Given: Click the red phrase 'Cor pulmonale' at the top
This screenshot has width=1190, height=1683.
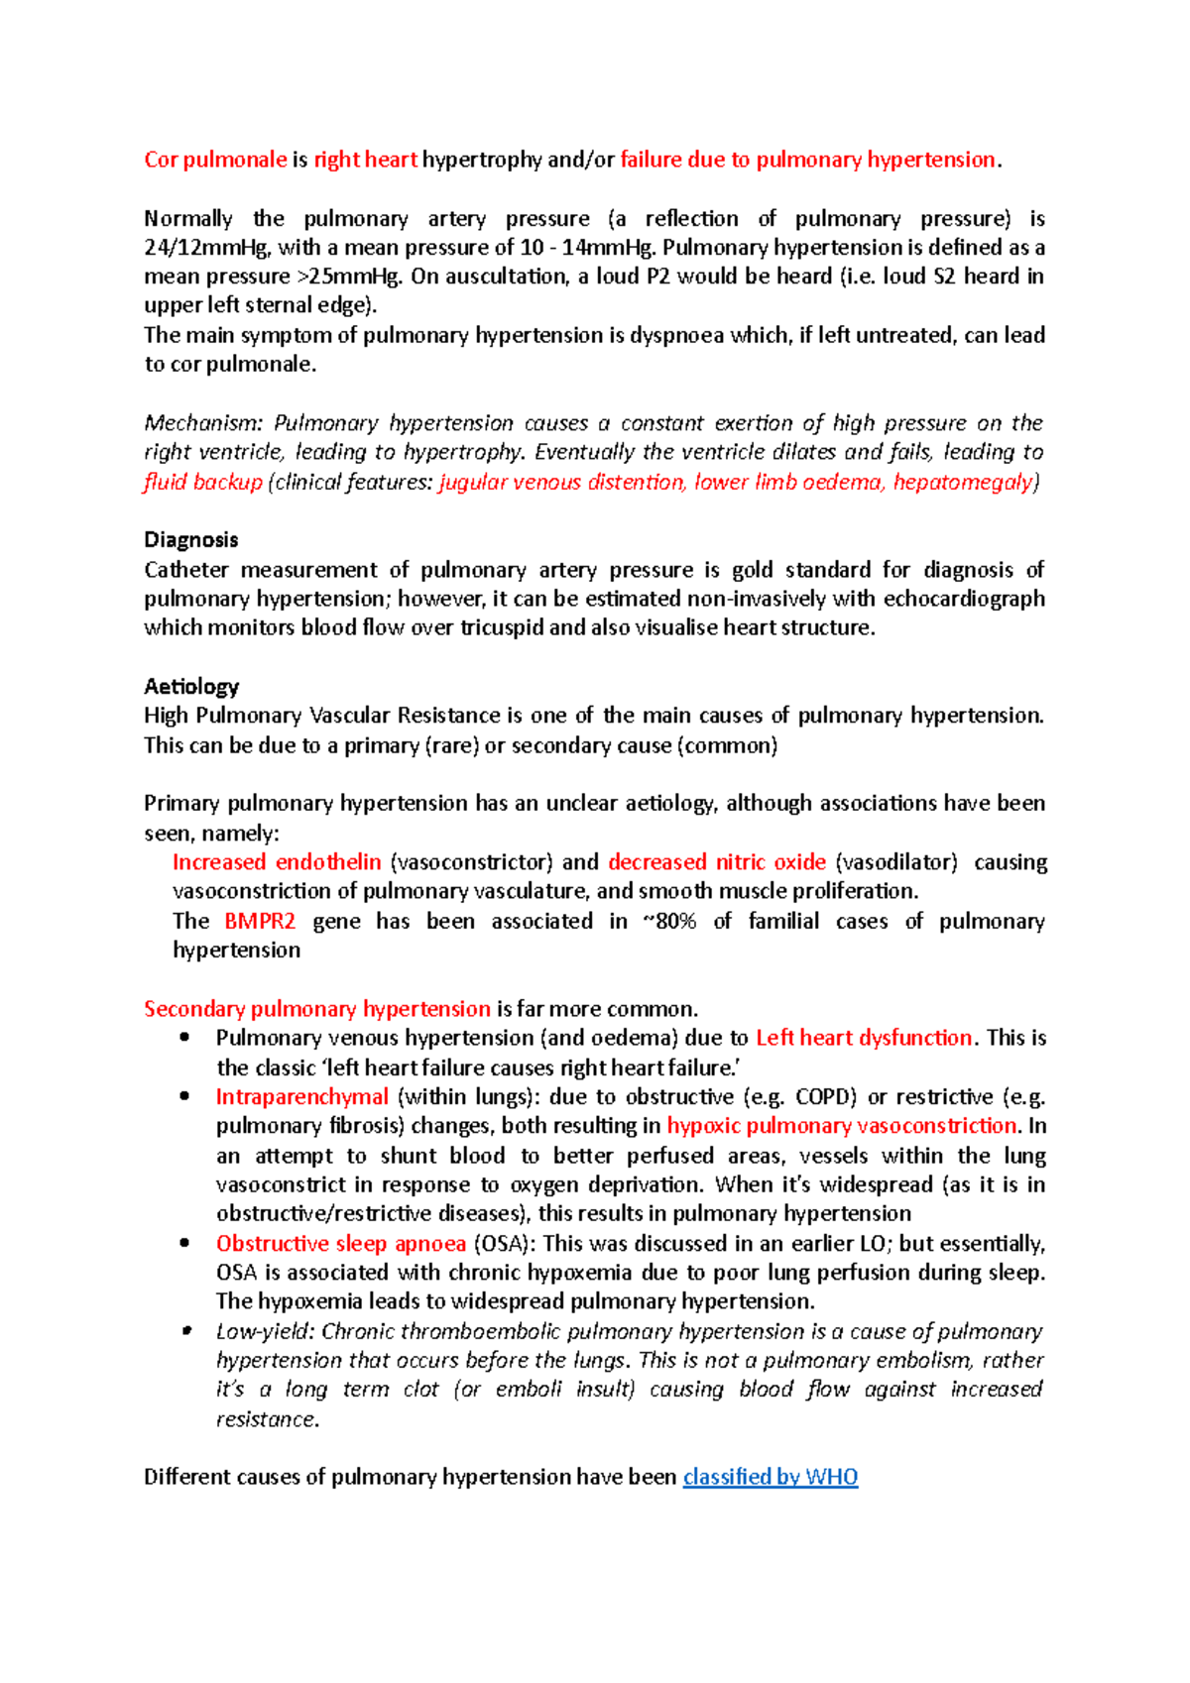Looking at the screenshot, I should tap(215, 160).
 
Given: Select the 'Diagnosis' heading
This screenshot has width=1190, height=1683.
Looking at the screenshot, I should tap(191, 540).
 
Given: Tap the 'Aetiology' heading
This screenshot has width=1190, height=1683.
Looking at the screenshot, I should tap(191, 686).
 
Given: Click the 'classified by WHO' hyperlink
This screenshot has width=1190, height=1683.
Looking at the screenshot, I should tap(771, 1477).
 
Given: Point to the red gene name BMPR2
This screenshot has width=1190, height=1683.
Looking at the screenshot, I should tap(260, 921).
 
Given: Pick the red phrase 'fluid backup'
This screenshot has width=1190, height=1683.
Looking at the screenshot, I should tap(203, 482).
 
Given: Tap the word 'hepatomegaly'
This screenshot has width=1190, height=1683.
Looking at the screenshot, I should tap(962, 482).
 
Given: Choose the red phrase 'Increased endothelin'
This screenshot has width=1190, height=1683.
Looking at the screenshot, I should tap(277, 862).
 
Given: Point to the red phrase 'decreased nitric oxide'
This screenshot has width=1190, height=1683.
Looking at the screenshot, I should tap(717, 862).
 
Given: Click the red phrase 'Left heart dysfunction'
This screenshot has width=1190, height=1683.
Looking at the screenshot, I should tap(864, 1038).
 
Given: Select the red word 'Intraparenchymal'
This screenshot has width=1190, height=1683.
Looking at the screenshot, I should tap(302, 1097).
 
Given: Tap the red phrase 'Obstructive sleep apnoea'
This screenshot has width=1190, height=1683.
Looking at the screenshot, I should tap(341, 1244).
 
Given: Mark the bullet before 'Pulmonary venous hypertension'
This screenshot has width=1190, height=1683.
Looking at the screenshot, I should tap(184, 1038).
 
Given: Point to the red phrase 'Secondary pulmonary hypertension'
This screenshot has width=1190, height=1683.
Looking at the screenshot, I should tap(317, 1009).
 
